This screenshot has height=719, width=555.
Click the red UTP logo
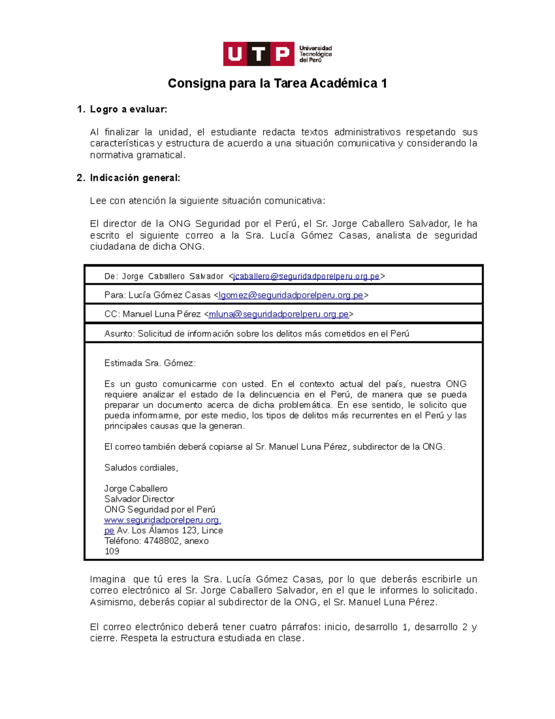259,54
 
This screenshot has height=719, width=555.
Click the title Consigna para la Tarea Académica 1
277,83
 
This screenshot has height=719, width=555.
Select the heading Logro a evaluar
128,109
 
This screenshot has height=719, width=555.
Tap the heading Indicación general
135,178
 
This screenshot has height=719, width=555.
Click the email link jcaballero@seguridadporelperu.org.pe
306,276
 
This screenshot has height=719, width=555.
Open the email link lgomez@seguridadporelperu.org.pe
290,295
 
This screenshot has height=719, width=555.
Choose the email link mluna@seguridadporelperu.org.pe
278,314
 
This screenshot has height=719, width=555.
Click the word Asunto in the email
119,334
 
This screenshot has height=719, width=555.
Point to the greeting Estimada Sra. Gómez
150,363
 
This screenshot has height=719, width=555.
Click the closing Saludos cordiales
141,468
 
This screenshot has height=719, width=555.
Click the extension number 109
112,551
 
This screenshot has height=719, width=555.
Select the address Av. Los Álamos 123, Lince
170,531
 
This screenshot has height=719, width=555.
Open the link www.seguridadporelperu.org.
162,520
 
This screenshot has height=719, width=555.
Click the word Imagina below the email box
107,579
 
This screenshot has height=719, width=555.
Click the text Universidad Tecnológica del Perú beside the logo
315,54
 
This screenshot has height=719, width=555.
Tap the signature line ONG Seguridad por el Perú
160,510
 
